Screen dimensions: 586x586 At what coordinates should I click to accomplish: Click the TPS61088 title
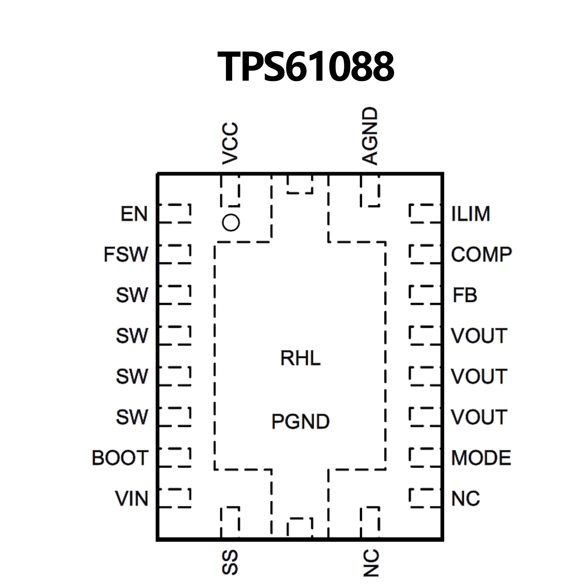click(x=305, y=67)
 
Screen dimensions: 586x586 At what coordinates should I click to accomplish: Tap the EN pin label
click(x=134, y=214)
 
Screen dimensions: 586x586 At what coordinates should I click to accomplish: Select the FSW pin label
click(x=126, y=255)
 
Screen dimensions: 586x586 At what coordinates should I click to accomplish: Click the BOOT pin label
click(x=120, y=458)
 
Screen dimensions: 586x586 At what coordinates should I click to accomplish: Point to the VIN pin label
click(x=132, y=499)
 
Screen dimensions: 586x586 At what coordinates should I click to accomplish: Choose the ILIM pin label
click(x=471, y=214)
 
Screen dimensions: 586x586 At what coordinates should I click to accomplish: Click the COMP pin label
click(x=481, y=255)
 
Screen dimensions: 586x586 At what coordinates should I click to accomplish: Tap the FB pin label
click(x=465, y=295)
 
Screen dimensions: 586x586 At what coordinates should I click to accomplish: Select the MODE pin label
click(x=481, y=458)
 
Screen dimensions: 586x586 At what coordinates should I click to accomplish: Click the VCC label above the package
click(x=230, y=144)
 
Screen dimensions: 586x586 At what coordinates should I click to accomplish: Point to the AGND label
click(x=370, y=136)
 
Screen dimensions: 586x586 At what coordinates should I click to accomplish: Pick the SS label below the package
click(x=230, y=562)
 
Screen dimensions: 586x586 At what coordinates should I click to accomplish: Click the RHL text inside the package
click(x=300, y=358)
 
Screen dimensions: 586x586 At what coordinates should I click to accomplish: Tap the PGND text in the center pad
click(x=300, y=422)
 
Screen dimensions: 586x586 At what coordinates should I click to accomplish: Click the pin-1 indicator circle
click(x=231, y=223)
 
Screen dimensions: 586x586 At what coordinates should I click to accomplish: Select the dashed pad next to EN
click(x=175, y=213)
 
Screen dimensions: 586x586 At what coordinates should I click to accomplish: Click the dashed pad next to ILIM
click(x=425, y=213)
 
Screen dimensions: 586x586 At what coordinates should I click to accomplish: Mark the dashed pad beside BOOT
click(x=175, y=457)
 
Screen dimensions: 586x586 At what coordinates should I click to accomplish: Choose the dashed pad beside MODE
click(x=425, y=457)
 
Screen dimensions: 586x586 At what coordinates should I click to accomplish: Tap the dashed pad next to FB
click(x=425, y=295)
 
